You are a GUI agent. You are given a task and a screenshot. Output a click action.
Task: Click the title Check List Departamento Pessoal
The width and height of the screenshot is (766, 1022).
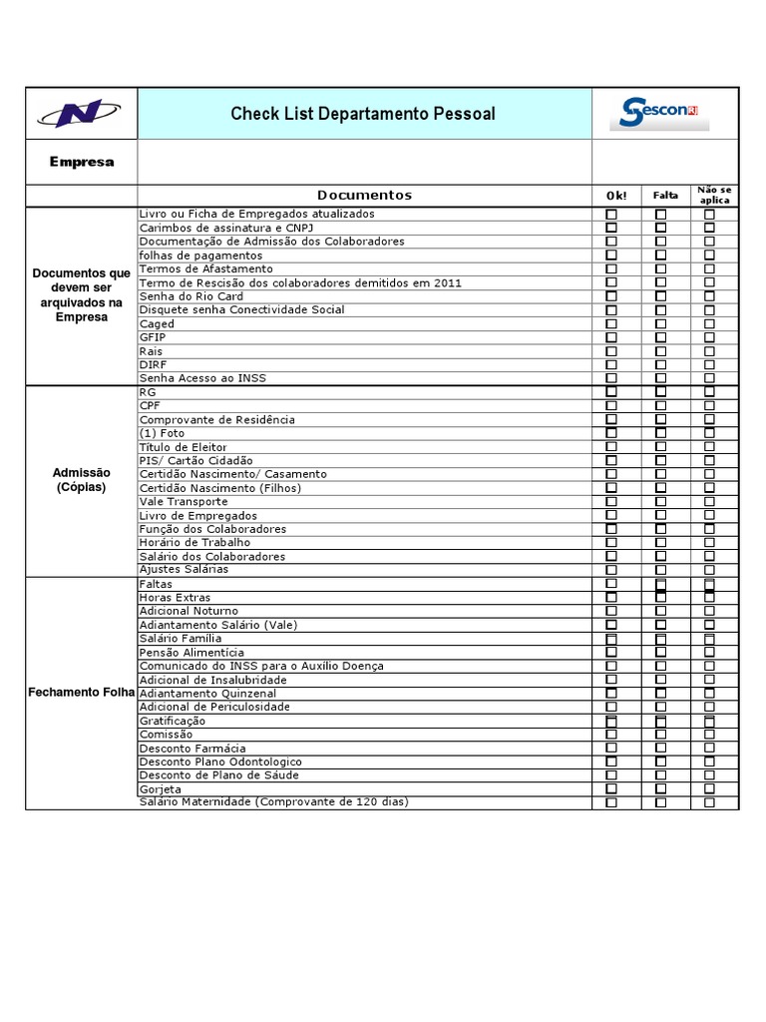pyautogui.click(x=363, y=114)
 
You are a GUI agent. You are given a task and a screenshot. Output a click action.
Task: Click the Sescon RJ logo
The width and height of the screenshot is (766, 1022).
pyautogui.click(x=659, y=113)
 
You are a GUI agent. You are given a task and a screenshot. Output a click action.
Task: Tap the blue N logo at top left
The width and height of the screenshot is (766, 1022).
pyautogui.click(x=81, y=114)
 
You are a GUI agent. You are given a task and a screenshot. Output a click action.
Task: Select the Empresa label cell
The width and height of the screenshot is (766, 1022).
pyautogui.click(x=82, y=162)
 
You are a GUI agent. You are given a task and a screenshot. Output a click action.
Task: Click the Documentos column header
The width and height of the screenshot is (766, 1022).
pyautogui.click(x=364, y=196)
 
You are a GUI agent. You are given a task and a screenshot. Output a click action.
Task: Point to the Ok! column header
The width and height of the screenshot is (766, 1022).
pyautogui.click(x=616, y=196)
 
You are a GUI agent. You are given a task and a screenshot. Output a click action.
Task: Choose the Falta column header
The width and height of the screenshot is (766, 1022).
pyautogui.click(x=665, y=196)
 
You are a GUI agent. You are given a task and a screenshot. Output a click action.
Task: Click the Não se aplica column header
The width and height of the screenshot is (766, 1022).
pyautogui.click(x=713, y=195)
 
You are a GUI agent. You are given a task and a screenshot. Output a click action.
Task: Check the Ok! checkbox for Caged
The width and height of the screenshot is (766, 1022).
pyautogui.click(x=611, y=324)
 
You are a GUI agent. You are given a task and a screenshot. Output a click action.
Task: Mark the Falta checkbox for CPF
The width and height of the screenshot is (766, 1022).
pyautogui.click(x=660, y=406)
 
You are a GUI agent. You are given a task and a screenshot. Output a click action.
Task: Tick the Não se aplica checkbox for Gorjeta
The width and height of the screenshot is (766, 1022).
pyautogui.click(x=709, y=788)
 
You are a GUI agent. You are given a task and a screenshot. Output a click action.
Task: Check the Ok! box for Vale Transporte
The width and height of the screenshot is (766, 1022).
pyautogui.click(x=611, y=502)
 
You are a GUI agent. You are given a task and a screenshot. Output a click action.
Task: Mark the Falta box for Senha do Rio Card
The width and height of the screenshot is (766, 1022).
pyautogui.click(x=660, y=296)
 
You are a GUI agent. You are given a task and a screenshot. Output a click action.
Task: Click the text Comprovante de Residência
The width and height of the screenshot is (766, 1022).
pyautogui.click(x=217, y=420)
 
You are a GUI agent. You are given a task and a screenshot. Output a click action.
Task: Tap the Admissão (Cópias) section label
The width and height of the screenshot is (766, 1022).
pyautogui.click(x=82, y=480)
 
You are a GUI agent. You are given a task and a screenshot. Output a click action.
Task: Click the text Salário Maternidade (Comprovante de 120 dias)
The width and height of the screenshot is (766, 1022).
pyautogui.click(x=274, y=802)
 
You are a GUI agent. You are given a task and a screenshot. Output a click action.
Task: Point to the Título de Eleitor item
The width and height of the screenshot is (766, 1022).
pyautogui.click(x=184, y=447)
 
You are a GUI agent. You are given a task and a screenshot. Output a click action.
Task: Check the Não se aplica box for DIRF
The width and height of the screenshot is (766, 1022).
pyautogui.click(x=709, y=365)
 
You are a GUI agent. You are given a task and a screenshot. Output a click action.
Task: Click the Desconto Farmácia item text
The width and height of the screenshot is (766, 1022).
pyautogui.click(x=192, y=749)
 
